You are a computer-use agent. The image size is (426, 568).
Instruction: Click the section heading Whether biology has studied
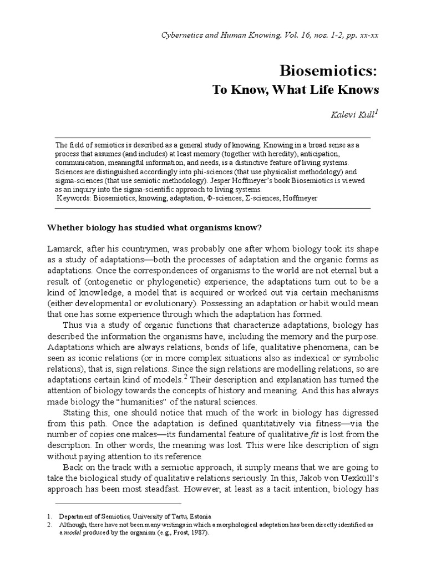pyautogui.click(x=150, y=227)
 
